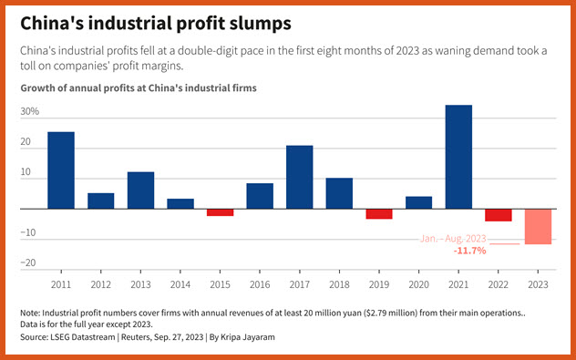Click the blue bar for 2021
[458, 157]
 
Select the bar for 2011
[61, 170]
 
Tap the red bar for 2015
[220, 212]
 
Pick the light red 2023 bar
[538, 226]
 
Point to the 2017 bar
[299, 177]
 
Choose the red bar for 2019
[379, 214]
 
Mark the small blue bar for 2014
[180, 204]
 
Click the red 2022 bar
[499, 215]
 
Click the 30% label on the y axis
[30, 111]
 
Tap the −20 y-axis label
[28, 262]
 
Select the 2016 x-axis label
[260, 284]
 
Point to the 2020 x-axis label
[418, 284]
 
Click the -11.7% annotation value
[470, 251]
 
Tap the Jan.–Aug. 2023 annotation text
[453, 239]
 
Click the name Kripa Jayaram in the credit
[247, 337]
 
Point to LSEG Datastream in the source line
[83, 337]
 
